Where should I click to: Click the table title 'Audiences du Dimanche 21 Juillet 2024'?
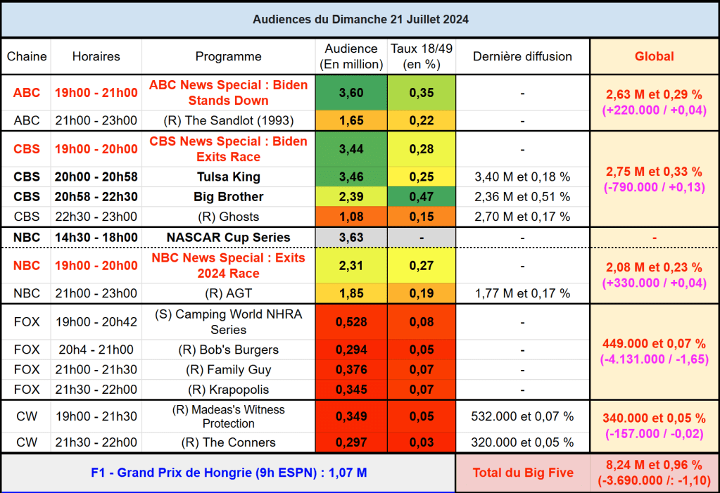click(x=360, y=20)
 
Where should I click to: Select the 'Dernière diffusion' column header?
click(x=522, y=56)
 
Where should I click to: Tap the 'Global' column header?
click(x=654, y=56)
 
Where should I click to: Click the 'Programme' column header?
click(x=228, y=56)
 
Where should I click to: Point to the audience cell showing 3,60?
click(x=351, y=93)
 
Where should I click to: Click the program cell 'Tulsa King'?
click(x=228, y=177)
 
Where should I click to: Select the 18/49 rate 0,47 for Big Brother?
click(x=422, y=196)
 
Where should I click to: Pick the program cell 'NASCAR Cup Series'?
click(x=228, y=237)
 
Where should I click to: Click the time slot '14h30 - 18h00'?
click(x=96, y=237)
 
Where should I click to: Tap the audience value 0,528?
click(x=351, y=322)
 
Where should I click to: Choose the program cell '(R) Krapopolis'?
click(x=228, y=389)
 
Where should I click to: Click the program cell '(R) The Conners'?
click(x=228, y=442)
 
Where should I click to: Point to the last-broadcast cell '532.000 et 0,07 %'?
click(x=522, y=416)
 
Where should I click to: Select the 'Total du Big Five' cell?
click(x=522, y=473)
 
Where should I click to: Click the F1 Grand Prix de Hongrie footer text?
click(x=228, y=473)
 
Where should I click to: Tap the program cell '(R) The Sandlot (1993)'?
click(x=228, y=120)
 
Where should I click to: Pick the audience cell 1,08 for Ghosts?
click(x=351, y=217)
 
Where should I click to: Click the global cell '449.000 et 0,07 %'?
click(x=654, y=343)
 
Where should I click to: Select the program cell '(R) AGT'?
click(x=228, y=293)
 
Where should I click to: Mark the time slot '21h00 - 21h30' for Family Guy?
click(x=96, y=369)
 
